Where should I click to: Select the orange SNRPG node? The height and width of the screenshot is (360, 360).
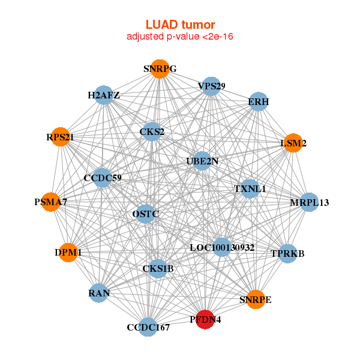(160, 68)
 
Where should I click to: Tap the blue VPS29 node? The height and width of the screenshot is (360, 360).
(211, 86)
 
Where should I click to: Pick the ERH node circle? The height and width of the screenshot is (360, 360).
(258, 101)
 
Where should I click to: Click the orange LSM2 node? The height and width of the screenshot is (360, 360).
(293, 143)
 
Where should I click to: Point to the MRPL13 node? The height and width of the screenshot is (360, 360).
(309, 202)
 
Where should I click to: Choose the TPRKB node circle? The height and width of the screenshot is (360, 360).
(288, 253)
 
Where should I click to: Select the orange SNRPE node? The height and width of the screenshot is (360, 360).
(256, 299)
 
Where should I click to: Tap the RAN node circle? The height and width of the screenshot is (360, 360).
(98, 293)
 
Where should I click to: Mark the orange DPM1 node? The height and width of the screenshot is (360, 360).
(68, 253)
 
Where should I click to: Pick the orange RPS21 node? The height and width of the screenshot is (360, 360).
(60, 137)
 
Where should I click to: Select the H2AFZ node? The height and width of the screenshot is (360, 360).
(104, 95)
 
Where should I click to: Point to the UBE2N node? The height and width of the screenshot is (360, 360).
(202, 161)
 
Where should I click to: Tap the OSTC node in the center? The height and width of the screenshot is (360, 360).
(145, 213)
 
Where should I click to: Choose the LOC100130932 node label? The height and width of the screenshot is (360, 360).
(222, 247)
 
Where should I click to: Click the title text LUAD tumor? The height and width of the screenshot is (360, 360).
(180, 25)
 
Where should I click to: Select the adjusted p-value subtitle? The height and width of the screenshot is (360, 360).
(180, 37)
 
